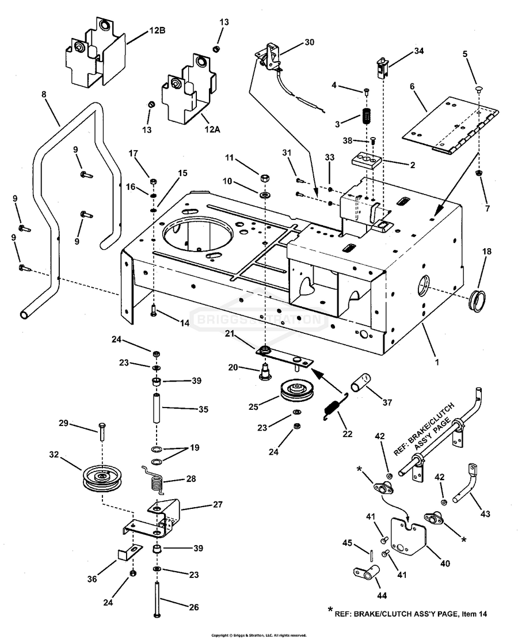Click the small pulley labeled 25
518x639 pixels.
(x=298, y=392)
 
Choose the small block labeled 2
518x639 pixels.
(x=366, y=158)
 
